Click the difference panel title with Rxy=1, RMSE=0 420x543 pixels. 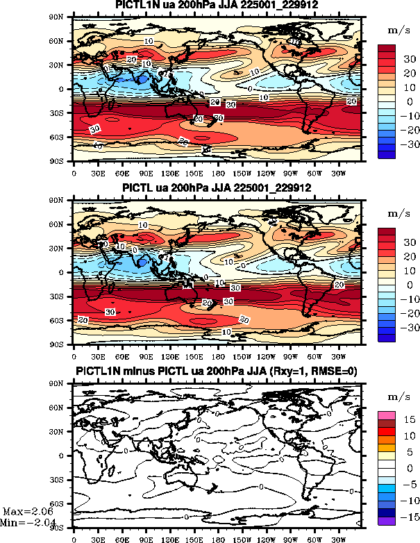[217, 371]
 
